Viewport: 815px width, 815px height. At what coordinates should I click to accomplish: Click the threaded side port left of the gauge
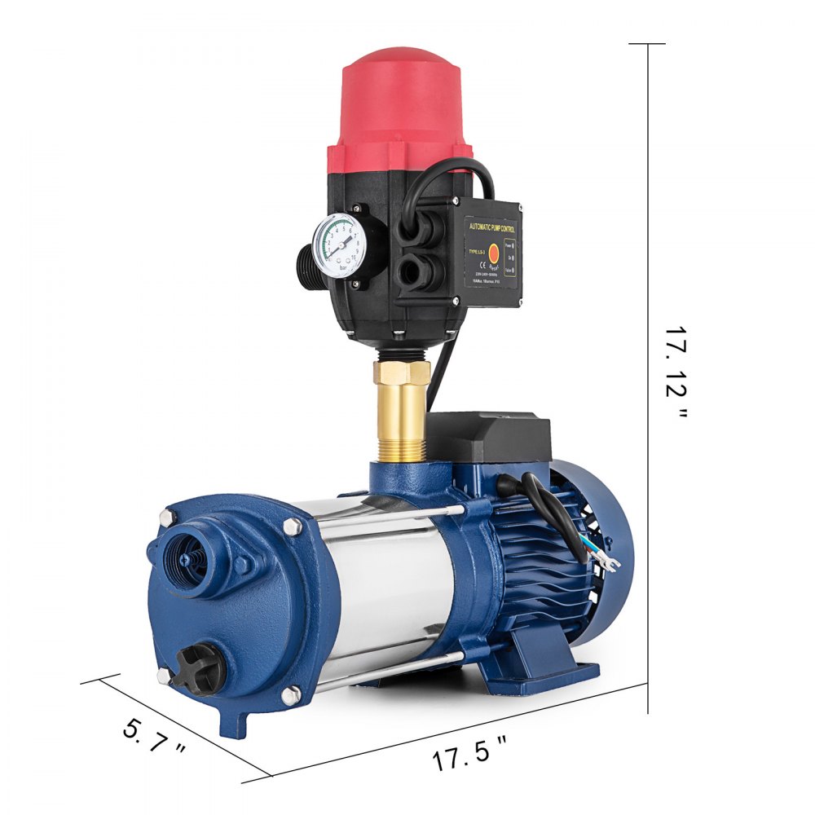[306, 258]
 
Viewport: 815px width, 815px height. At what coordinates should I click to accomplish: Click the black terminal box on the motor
[489, 435]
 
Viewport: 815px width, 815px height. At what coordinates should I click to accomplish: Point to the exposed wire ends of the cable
[606, 559]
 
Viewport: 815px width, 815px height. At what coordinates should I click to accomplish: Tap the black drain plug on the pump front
[204, 664]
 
